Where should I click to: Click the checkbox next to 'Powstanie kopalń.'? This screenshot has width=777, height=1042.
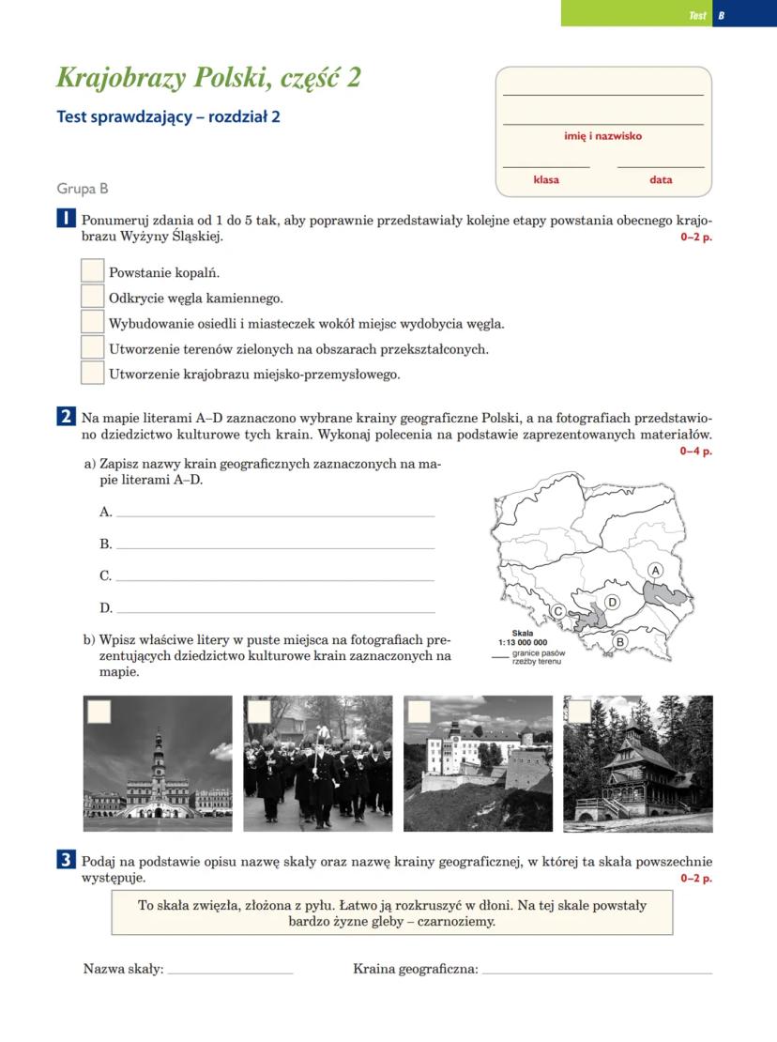coord(92,271)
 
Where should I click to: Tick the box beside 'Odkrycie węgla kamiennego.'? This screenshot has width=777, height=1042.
coord(92,297)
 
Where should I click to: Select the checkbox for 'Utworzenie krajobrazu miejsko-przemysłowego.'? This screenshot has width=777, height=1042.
coord(92,373)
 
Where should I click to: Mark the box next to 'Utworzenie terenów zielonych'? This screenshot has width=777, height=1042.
coord(92,347)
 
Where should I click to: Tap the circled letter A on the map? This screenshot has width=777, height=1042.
coord(656,570)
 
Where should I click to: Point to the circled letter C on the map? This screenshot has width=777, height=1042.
coord(558,611)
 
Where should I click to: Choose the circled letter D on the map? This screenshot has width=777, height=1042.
coord(612,602)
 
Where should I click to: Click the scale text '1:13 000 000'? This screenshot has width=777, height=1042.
coord(523,643)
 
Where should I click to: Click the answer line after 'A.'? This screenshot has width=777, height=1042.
coord(275,514)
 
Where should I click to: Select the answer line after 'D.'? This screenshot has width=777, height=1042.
coord(275,610)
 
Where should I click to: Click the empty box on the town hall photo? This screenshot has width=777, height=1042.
coord(99,712)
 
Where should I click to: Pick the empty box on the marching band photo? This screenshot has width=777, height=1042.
coord(258,712)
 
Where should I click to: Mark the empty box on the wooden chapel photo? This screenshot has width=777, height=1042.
coord(579,712)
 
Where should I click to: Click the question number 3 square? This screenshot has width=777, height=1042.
coord(66,859)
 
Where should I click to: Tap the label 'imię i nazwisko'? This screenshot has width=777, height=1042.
coord(602,136)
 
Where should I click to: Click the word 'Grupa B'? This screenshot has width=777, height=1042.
coord(83,189)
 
